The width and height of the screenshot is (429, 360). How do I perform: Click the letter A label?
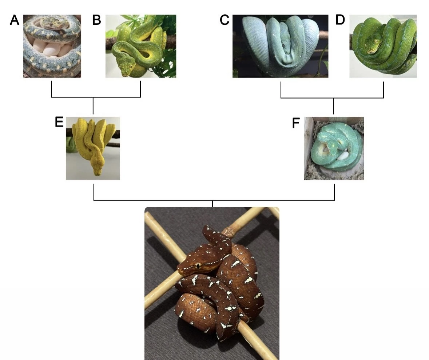click(x=15, y=20)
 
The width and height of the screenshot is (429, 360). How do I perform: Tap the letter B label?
click(x=96, y=20)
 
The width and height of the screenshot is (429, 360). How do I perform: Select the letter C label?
click(x=225, y=20)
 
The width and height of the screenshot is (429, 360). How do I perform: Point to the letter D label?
click(x=340, y=20)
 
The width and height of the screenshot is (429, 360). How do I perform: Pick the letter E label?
click(x=59, y=122)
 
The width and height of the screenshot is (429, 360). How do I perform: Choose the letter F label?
click(x=296, y=123)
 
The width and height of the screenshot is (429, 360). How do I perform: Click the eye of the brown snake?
click(x=198, y=265)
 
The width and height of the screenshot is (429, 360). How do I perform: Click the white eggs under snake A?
click(x=52, y=49)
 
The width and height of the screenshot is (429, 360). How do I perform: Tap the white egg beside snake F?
click(x=342, y=156)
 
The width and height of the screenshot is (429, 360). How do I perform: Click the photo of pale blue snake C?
click(x=280, y=46)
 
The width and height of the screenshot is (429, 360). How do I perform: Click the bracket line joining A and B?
click(x=96, y=97)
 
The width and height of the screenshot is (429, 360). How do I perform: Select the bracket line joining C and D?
click(x=332, y=97)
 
